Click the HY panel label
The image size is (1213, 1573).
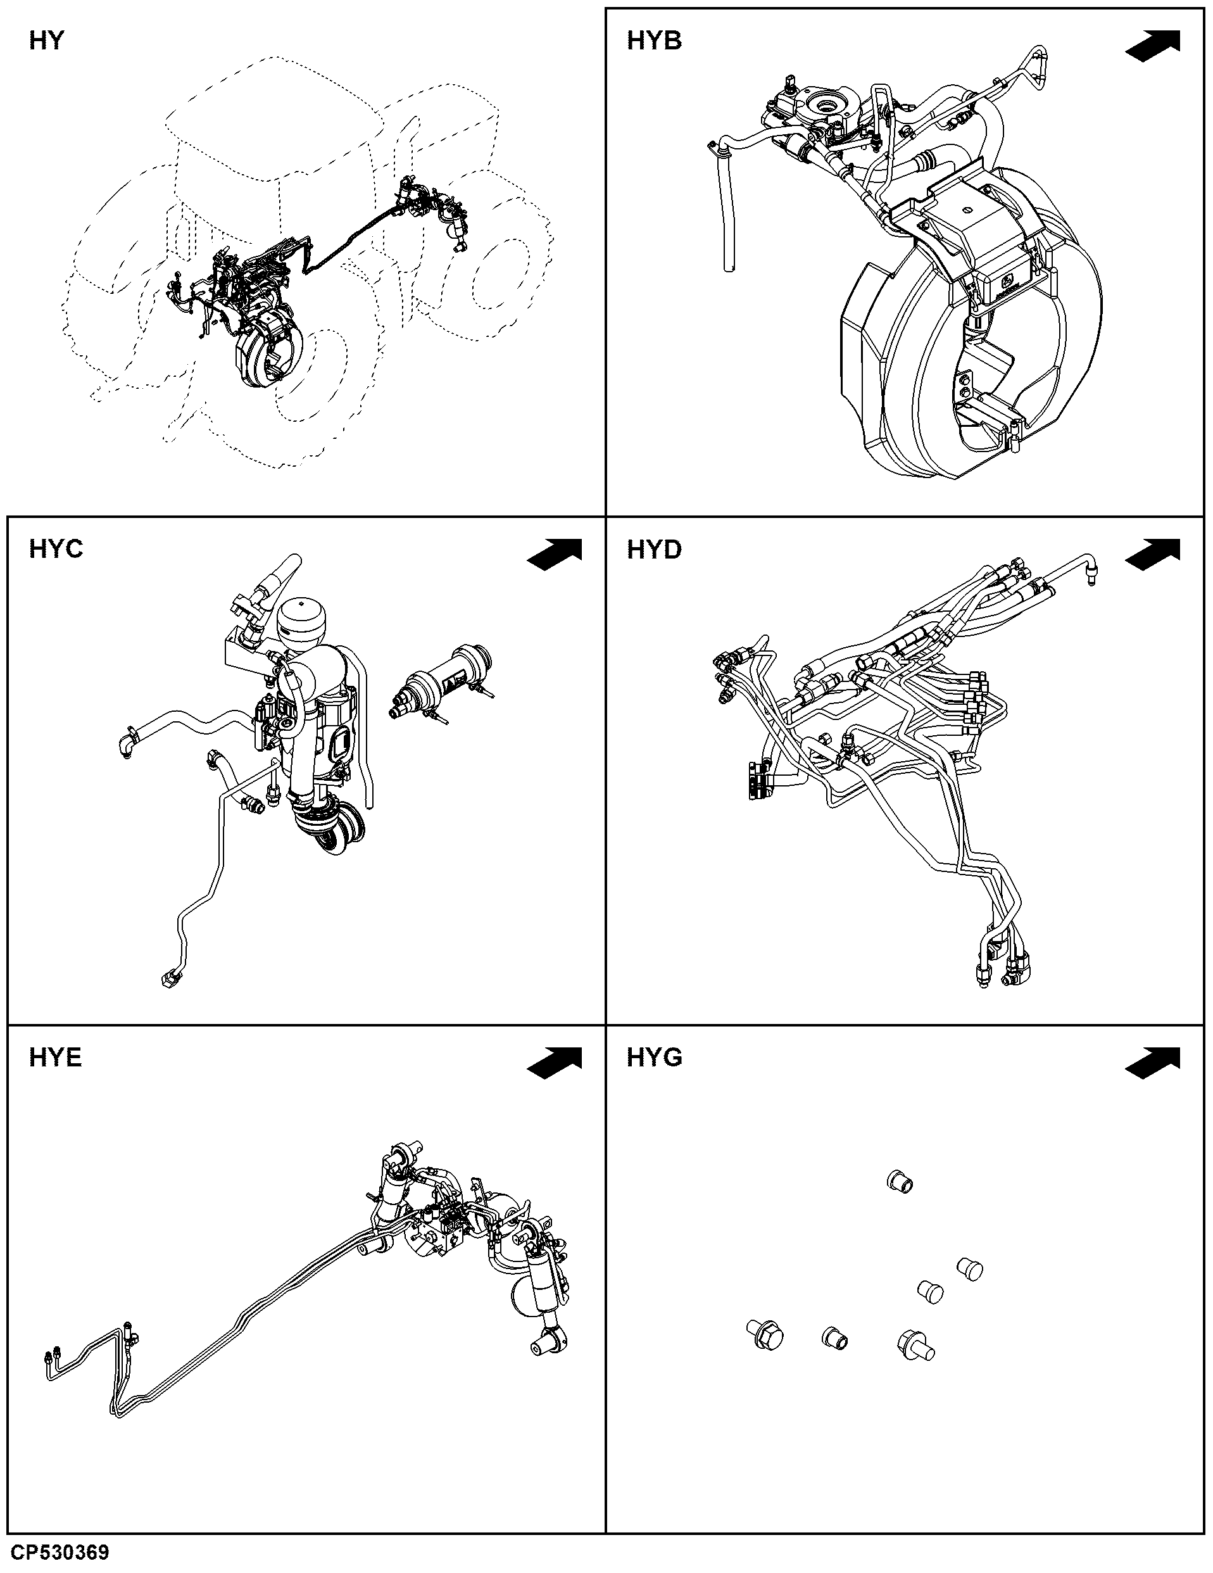pyautogui.click(x=47, y=41)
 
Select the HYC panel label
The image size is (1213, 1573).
pyautogui.click(x=56, y=550)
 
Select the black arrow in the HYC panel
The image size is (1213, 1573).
pyautogui.click(x=555, y=555)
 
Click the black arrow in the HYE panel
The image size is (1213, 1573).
pyautogui.click(x=555, y=1063)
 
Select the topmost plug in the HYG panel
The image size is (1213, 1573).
pyautogui.click(x=898, y=1181)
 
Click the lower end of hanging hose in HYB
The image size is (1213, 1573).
pyautogui.click(x=729, y=267)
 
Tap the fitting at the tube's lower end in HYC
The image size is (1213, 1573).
pyautogui.click(x=170, y=979)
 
